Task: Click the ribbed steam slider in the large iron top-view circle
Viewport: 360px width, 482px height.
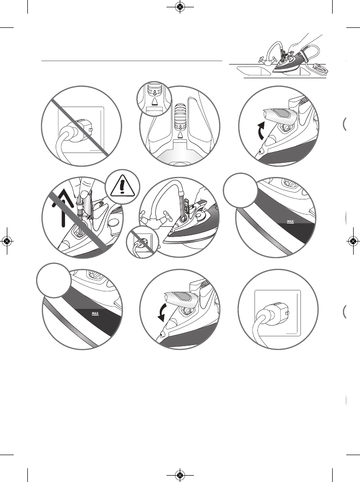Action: coord(180,115)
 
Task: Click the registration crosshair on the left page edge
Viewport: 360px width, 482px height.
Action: coord(7,241)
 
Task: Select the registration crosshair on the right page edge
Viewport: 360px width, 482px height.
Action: coord(353,241)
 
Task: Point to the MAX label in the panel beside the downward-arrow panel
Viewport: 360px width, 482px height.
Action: coord(93,311)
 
